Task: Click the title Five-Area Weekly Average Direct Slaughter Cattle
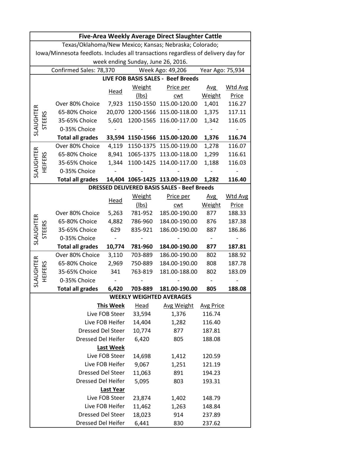point(150,36)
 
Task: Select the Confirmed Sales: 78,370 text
point(83,70)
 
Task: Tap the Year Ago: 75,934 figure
point(222,70)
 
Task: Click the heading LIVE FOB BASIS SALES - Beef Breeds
point(150,79)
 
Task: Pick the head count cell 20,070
point(115,112)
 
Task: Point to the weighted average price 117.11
point(237,112)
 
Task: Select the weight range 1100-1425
point(142,163)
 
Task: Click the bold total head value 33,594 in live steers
point(115,137)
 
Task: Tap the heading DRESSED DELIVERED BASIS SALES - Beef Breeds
point(151,188)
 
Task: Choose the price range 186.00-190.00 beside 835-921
point(178,230)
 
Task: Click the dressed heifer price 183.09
point(237,272)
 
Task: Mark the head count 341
point(115,272)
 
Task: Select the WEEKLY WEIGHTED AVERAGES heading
point(150,297)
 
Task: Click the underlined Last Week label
point(111,348)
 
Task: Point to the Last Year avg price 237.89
point(211,415)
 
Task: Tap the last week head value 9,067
point(142,364)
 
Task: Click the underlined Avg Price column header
point(212,306)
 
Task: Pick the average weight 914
point(178,415)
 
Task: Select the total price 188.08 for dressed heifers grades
point(237,289)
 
